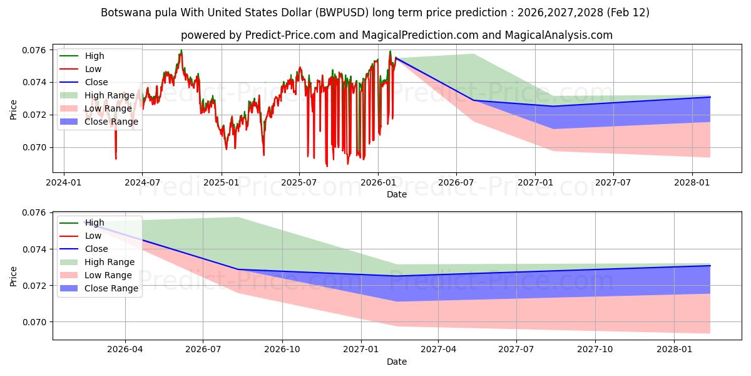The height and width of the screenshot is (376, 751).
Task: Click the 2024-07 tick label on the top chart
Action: pos(142,182)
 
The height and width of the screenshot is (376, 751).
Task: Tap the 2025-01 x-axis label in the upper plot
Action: pos(221,182)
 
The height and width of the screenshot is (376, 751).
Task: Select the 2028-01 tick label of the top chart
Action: pos(692,182)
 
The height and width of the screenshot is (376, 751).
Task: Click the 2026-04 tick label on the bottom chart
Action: pos(125,350)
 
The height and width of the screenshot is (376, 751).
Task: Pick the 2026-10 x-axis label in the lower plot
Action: pos(282,350)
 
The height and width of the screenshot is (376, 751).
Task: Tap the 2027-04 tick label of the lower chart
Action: pos(438,350)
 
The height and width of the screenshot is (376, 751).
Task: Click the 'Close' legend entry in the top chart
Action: pos(96,82)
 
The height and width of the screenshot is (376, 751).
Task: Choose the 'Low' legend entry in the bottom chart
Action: pos(93,236)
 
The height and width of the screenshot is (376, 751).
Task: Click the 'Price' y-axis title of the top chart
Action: pos(14,110)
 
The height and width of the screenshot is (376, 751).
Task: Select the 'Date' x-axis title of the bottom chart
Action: pos(397,362)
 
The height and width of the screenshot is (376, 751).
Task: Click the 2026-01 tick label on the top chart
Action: pos(377,182)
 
